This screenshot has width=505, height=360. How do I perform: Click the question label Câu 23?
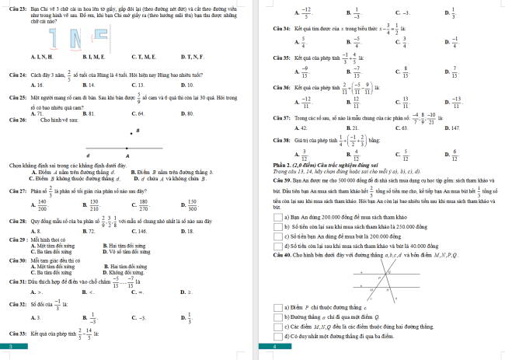point(16,5)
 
